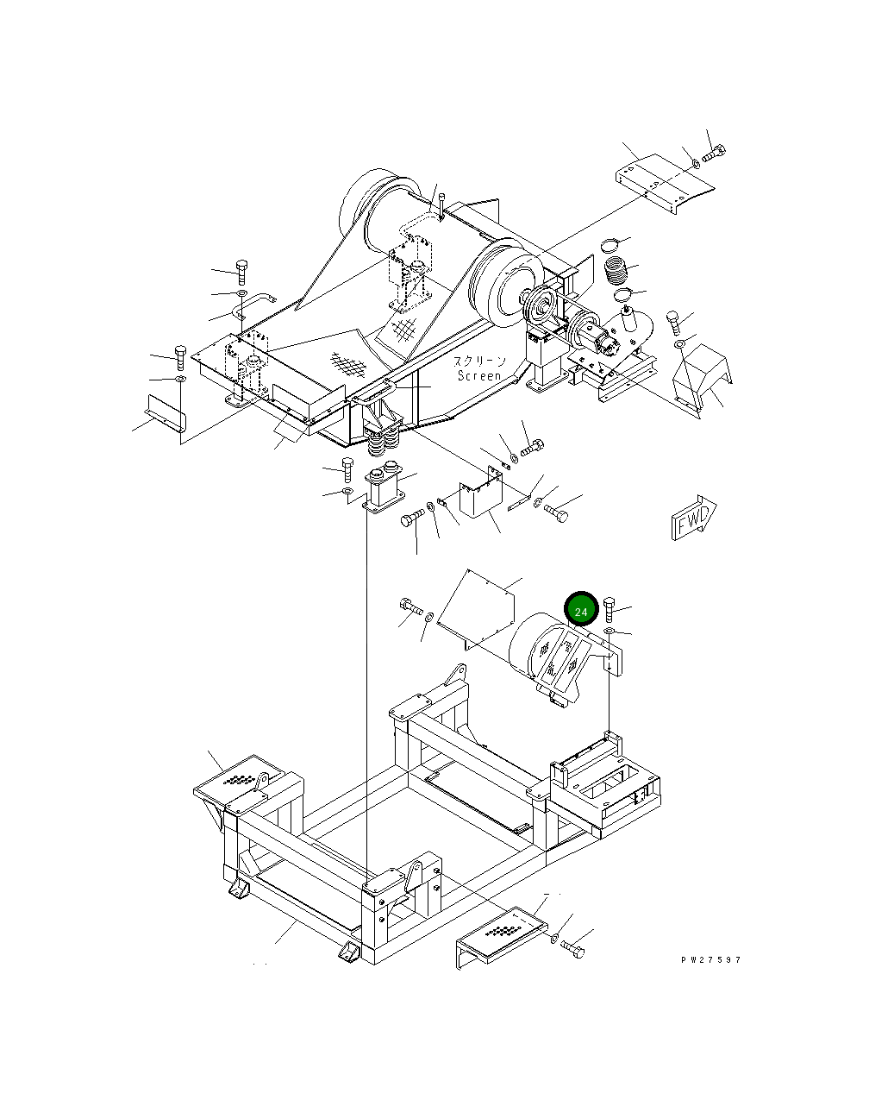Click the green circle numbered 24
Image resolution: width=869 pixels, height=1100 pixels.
coord(581,611)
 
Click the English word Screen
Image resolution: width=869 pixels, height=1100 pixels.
coord(478,376)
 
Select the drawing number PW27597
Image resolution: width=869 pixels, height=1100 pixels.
coord(709,959)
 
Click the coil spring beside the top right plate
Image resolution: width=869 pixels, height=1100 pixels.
coord(618,269)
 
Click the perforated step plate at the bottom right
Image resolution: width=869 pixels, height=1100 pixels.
coord(501,935)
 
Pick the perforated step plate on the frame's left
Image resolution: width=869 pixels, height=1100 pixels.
coord(237,781)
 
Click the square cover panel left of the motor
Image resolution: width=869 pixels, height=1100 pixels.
coord(478,606)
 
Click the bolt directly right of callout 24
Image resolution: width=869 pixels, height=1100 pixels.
coord(610,611)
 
